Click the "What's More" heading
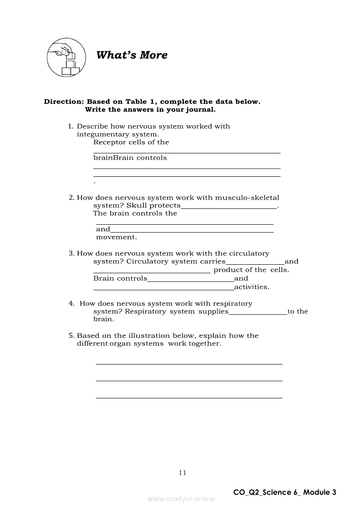pyautogui.click(x=132, y=55)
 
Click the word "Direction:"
pyautogui.click(x=64, y=102)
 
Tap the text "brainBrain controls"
pyautogui.click(x=130, y=158)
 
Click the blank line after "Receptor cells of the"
pyautogui.click(x=187, y=152)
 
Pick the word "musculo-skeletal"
pyautogui.click(x=252, y=198)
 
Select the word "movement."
pyautogui.click(x=116, y=237)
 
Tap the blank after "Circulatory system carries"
pyautogui.click(x=255, y=263)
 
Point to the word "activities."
pyautogui.click(x=252, y=287)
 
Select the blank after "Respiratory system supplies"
pyautogui.click(x=258, y=314)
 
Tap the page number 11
pyautogui.click(x=183, y=473)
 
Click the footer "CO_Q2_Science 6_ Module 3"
pyautogui.click(x=285, y=492)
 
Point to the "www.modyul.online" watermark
pyautogui.click(x=181, y=499)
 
